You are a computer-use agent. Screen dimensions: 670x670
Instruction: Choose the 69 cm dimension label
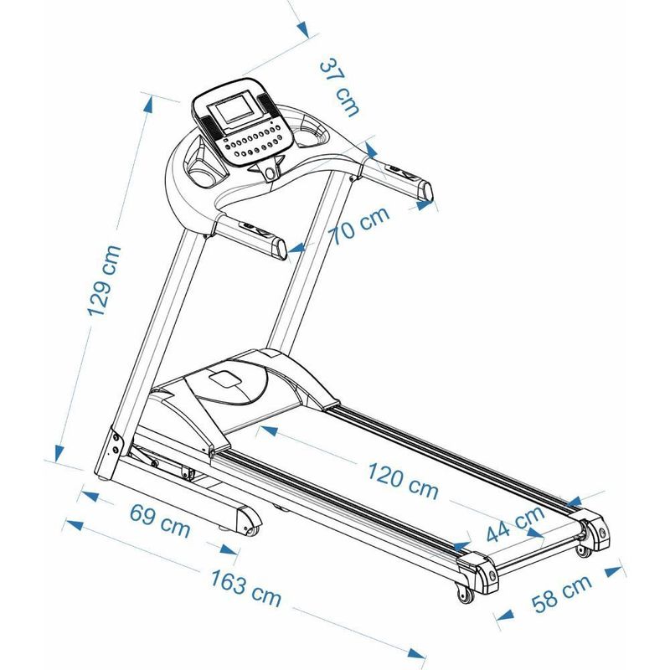(159, 520)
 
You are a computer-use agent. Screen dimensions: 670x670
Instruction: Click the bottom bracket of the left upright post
(109, 457)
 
